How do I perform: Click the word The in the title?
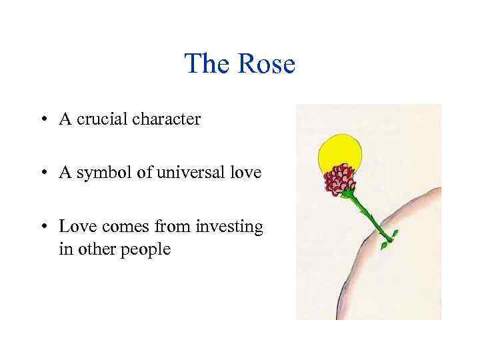click(x=207, y=65)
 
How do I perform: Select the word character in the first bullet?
click(x=166, y=119)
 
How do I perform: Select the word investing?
click(x=230, y=227)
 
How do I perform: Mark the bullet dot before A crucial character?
click(x=43, y=120)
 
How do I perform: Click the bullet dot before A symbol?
click(x=43, y=173)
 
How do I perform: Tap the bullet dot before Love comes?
click(x=43, y=227)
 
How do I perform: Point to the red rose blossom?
click(x=340, y=180)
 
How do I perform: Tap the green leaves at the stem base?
click(x=387, y=240)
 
